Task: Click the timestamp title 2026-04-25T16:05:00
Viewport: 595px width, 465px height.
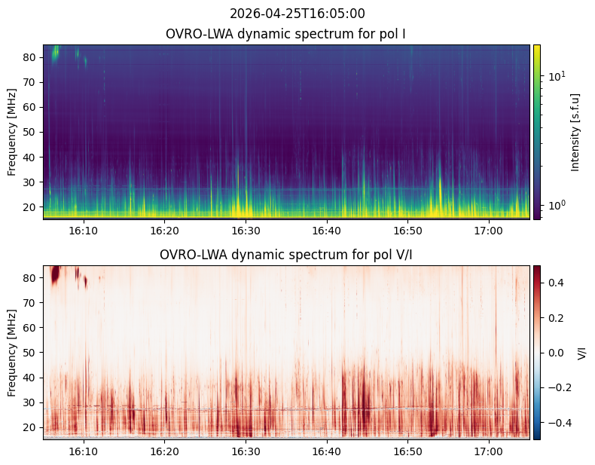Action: coord(297,14)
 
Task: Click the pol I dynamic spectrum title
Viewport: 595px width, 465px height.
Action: coord(285,34)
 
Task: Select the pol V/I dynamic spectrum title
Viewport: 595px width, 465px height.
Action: coord(285,255)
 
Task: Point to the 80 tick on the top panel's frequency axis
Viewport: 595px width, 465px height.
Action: coord(29,58)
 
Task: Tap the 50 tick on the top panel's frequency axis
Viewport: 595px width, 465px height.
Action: coord(29,133)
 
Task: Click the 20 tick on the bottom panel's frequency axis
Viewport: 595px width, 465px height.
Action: coord(29,428)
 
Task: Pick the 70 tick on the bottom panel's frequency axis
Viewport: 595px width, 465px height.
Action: coord(29,303)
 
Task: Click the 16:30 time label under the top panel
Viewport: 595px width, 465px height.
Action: coord(246,231)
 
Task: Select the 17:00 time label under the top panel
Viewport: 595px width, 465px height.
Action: coord(488,231)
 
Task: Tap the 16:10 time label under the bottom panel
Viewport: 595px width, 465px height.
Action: coord(84,451)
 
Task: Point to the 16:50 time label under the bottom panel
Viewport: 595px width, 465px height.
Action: coord(408,451)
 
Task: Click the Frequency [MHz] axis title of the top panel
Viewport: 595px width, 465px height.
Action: coord(12,132)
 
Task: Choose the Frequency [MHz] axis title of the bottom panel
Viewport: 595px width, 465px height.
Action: coord(12,353)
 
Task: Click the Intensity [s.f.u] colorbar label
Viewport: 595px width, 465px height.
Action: coord(575,133)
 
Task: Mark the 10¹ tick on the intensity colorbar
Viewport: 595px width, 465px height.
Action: coord(557,76)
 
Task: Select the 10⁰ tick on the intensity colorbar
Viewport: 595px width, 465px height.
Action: coord(557,205)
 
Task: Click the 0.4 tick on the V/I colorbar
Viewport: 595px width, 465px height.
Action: coord(556,283)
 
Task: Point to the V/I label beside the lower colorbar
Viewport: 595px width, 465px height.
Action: coord(581,353)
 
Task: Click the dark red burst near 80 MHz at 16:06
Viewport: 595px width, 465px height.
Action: coord(56,275)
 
